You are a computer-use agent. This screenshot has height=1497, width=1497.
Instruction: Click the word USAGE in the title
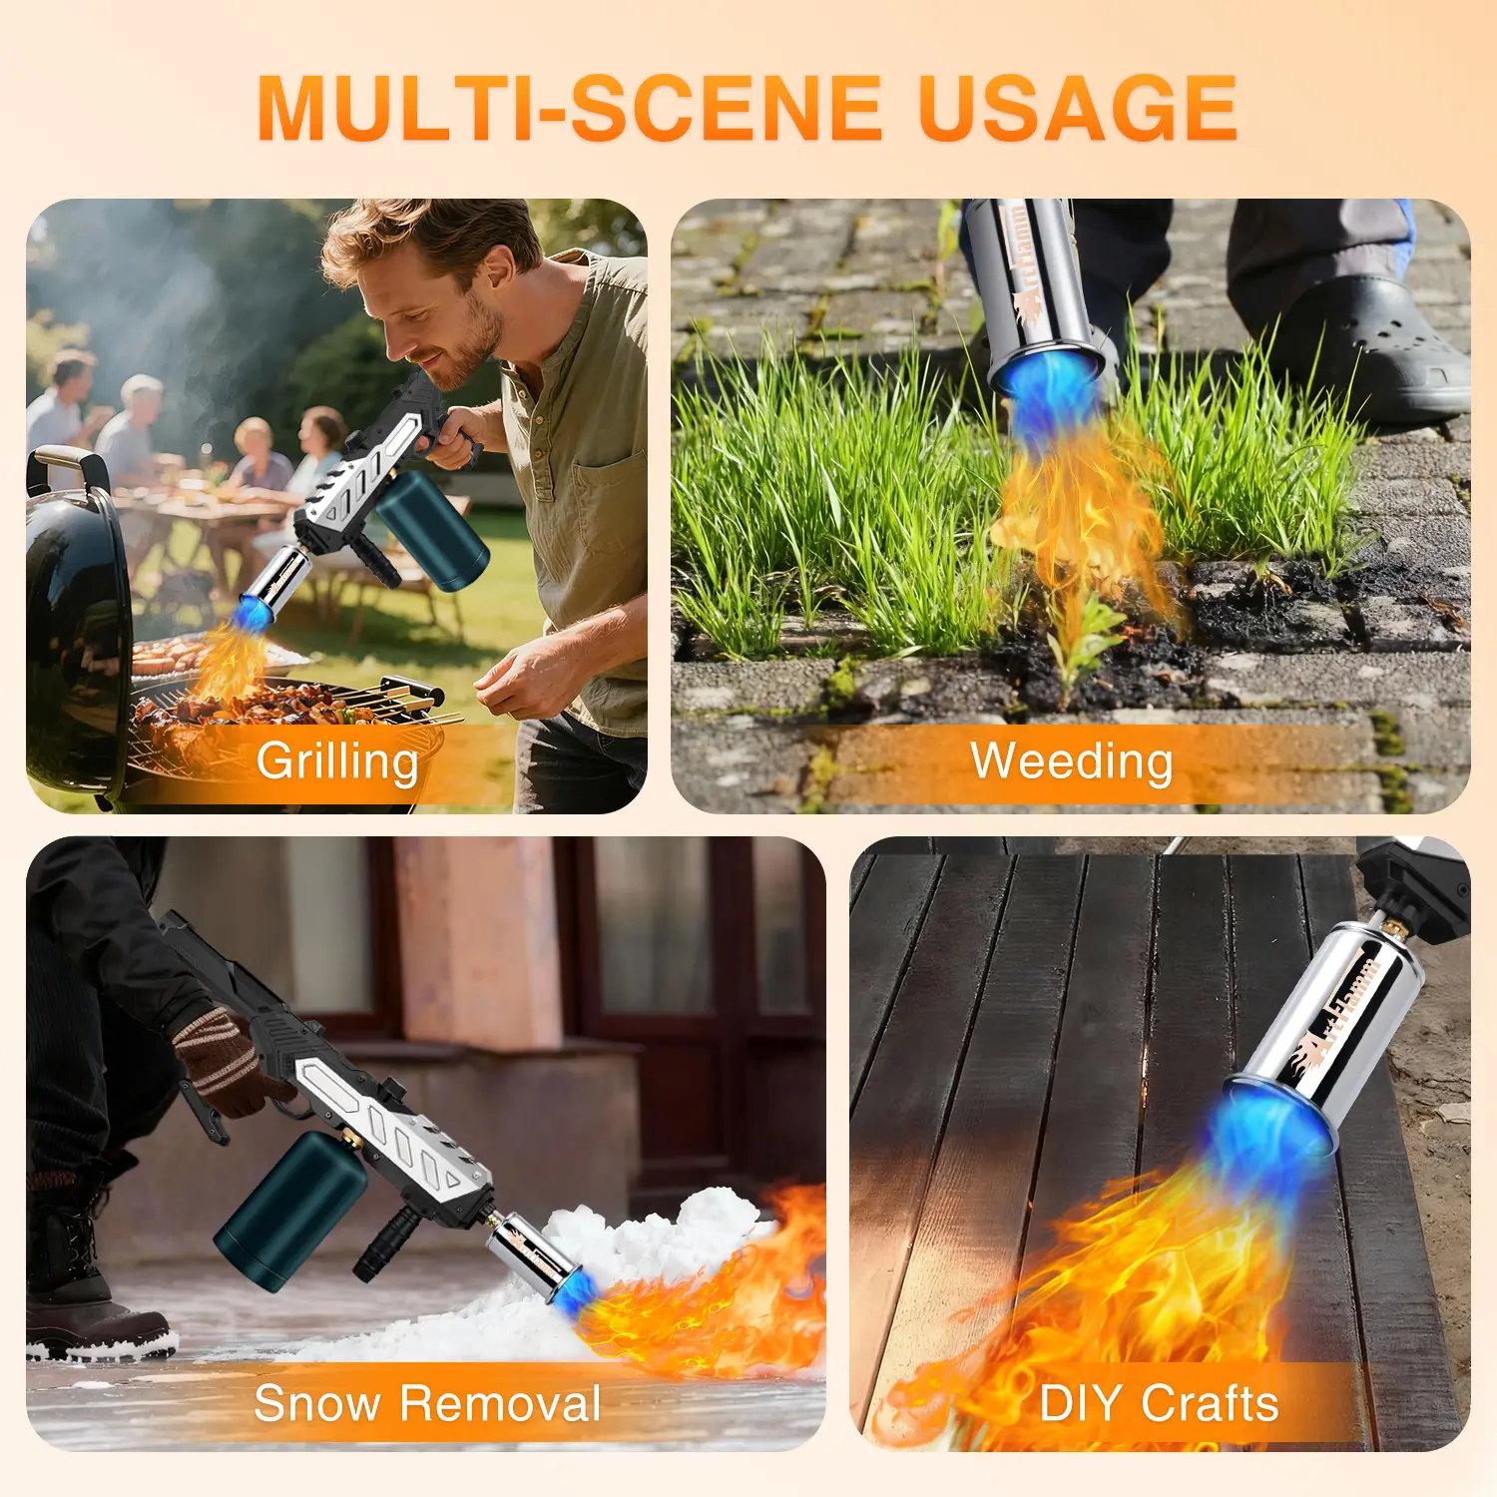[1078, 109]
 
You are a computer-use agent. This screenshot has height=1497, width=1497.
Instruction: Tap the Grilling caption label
[337, 761]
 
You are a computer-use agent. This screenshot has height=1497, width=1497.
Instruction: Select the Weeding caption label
[1072, 761]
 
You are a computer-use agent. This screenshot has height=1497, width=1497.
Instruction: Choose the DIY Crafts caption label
[1159, 1403]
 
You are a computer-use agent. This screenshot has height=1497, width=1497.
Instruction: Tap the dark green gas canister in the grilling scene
[431, 529]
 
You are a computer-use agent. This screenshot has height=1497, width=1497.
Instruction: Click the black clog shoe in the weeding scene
[1367, 349]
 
